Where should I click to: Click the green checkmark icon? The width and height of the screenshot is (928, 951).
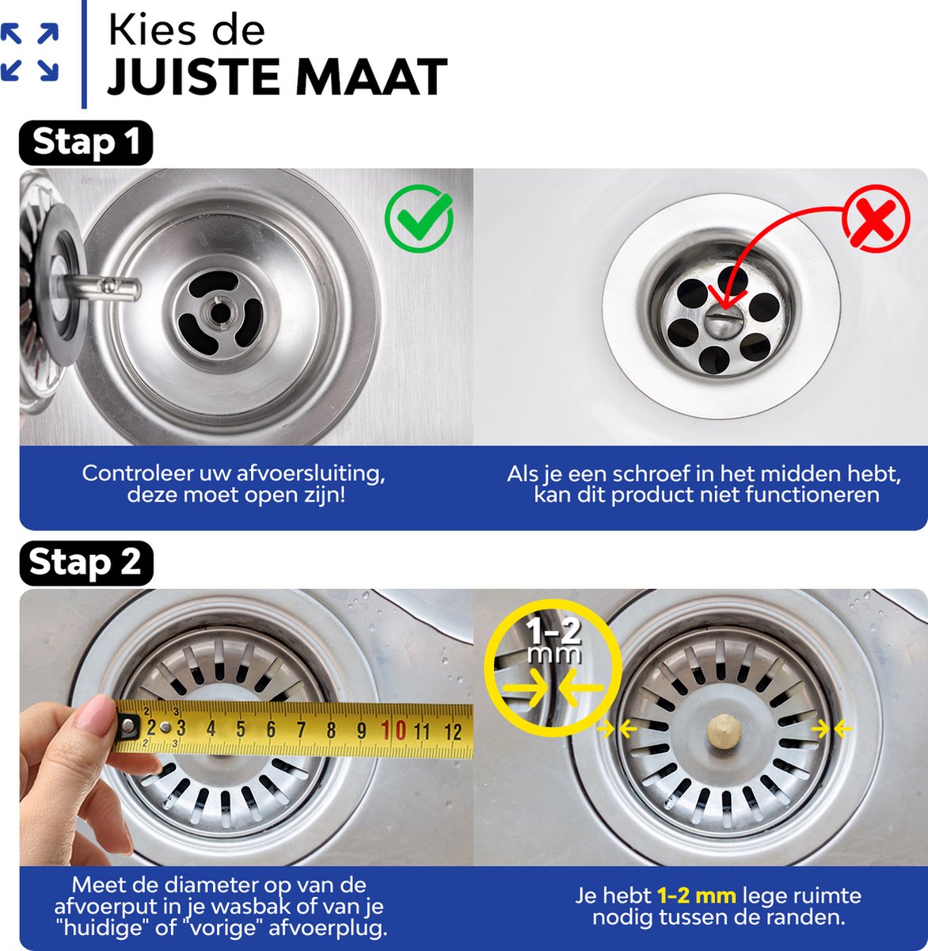tap(419, 218)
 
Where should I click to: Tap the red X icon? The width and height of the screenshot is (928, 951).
tap(876, 219)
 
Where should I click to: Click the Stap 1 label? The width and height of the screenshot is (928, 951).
tap(86, 142)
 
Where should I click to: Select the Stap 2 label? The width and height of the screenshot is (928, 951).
tap(86, 563)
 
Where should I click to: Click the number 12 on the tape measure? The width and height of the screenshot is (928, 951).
tap(453, 732)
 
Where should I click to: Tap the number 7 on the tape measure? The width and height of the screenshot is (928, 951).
tap(301, 730)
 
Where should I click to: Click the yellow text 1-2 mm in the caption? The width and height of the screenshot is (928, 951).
tap(697, 896)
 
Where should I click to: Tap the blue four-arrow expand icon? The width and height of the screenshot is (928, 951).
tap(29, 52)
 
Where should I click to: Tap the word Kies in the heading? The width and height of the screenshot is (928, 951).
tap(146, 30)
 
